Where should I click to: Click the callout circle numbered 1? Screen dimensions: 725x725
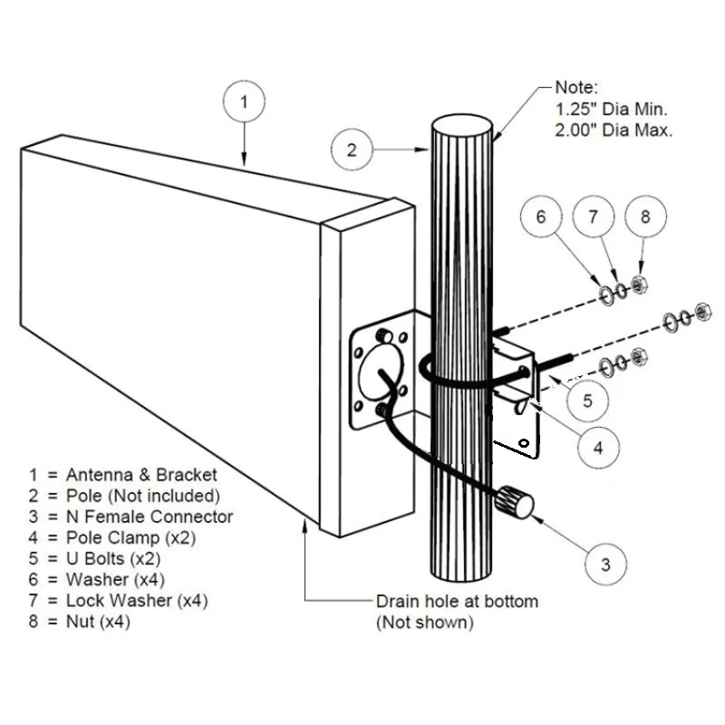pyautogui.click(x=244, y=103)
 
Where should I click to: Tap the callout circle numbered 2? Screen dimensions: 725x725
pyautogui.click(x=353, y=150)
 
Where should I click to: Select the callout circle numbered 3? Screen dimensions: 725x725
pyautogui.click(x=605, y=565)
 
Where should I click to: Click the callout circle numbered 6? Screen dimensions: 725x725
pyautogui.click(x=542, y=217)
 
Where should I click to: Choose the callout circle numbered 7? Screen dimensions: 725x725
pyautogui.click(x=594, y=217)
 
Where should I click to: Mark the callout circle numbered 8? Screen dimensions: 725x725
pyautogui.click(x=645, y=217)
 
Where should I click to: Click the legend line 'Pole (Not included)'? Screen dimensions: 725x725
pyautogui.click(x=124, y=496)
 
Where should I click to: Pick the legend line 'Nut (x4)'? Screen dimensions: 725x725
pyautogui.click(x=80, y=621)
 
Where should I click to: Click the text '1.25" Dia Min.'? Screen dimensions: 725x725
pyautogui.click(x=611, y=110)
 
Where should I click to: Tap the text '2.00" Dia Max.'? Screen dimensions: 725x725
pyautogui.click(x=614, y=130)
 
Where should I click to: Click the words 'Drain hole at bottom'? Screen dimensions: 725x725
pyautogui.click(x=457, y=601)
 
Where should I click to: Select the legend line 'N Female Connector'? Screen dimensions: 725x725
pyautogui.click(x=130, y=517)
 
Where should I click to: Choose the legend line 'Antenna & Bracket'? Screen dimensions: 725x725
pyautogui.click(x=122, y=474)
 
